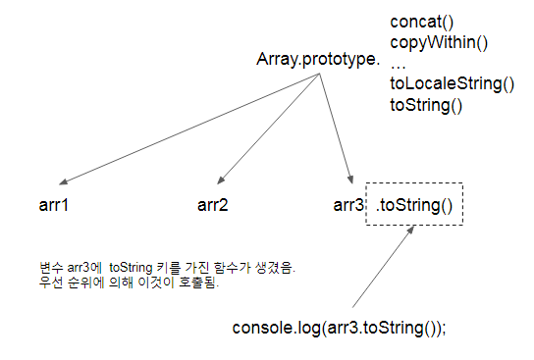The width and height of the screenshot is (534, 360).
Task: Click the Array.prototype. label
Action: click(x=317, y=61)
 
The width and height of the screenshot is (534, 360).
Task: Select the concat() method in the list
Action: click(x=423, y=22)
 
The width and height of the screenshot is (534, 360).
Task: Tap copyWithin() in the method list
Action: click(x=439, y=42)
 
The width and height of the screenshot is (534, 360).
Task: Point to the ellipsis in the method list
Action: click(x=399, y=63)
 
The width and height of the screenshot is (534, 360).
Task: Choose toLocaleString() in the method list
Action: click(x=452, y=83)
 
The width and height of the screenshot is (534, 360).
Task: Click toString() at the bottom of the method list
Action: click(x=426, y=104)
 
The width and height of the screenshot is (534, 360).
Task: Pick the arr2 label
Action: click(x=213, y=205)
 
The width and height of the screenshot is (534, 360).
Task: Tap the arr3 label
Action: click(x=349, y=205)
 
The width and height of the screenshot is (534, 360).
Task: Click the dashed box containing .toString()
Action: click(x=412, y=205)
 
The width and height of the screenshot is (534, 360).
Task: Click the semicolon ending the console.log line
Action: click(x=443, y=328)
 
